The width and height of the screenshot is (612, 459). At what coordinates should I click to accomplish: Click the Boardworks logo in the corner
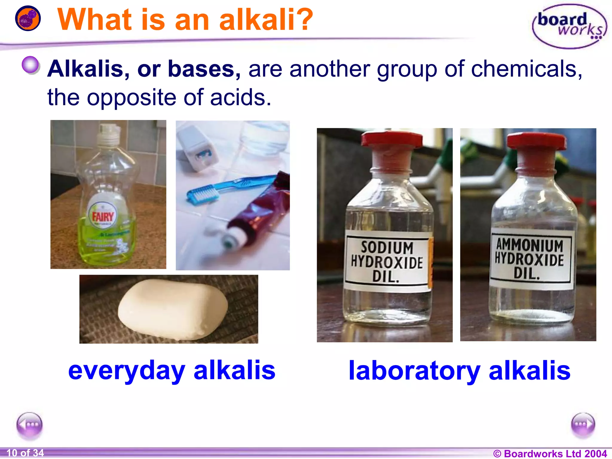click(x=570, y=26)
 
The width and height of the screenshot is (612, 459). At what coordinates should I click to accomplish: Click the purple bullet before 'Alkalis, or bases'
click(x=30, y=65)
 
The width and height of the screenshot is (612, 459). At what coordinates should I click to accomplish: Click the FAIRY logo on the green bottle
click(x=103, y=216)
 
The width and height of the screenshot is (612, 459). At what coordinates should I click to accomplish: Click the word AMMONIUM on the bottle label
click(x=530, y=245)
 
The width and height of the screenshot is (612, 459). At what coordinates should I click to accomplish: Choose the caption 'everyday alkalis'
click(x=172, y=371)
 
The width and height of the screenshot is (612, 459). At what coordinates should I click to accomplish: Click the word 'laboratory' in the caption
click(x=414, y=371)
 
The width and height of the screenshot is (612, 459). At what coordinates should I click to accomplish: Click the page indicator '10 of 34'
click(x=25, y=453)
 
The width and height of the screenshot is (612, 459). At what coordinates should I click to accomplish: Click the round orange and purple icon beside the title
click(x=28, y=18)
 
